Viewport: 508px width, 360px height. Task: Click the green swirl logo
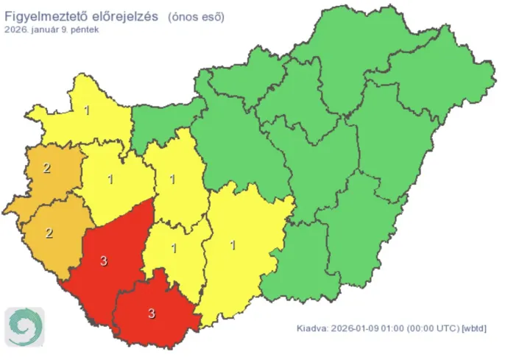tap(24, 326)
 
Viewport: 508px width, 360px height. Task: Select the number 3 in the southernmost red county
tap(152, 314)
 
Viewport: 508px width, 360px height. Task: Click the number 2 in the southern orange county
tap(49, 233)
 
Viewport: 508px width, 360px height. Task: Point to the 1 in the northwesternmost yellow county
tap(87, 111)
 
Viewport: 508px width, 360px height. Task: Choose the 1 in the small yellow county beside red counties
tap(174, 247)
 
